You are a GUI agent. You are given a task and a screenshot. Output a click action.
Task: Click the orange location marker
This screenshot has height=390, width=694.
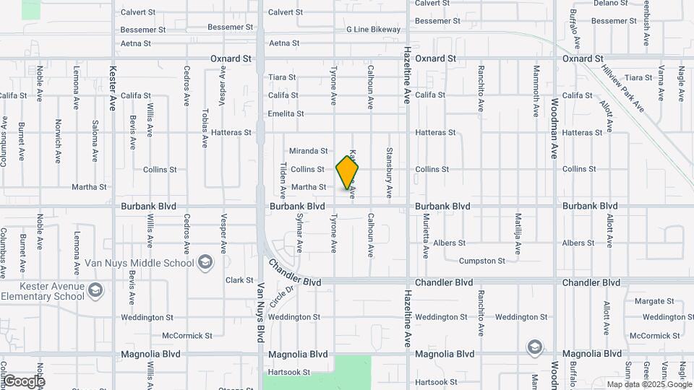347,172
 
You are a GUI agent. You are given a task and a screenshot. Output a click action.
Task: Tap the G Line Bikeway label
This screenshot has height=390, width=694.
373,30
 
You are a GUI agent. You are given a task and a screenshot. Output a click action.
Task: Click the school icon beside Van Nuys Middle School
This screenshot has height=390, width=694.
206,261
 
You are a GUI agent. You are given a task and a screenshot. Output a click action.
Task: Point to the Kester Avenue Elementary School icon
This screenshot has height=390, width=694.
95,291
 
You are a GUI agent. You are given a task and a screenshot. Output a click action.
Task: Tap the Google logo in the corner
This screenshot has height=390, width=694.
23,381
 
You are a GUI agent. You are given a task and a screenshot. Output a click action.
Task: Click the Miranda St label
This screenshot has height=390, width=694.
309,151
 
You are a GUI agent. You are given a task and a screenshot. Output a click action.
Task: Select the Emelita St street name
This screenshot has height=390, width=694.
286,114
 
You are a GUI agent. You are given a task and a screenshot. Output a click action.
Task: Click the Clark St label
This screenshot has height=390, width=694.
239,280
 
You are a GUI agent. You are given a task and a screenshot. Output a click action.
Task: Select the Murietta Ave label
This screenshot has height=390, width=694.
427,235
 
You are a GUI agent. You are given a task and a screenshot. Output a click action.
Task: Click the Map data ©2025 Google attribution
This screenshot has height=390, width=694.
648,384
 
